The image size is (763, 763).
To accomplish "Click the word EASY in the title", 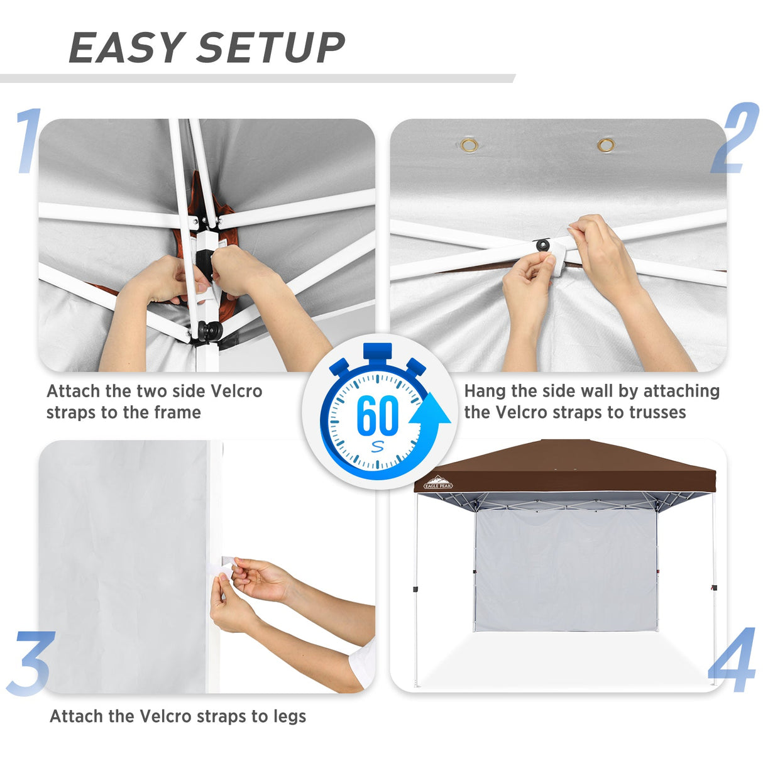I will [126, 48].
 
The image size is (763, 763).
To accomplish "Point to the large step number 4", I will [732, 660].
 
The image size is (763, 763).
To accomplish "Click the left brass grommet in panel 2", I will [469, 146].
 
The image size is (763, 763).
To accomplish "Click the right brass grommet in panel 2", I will [606, 146].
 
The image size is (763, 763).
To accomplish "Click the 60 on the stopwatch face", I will [377, 415].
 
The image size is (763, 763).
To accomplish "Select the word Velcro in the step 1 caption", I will [236, 391].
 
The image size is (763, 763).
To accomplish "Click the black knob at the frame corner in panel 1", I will [209, 329].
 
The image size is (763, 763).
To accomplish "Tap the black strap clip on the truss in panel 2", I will [542, 244].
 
